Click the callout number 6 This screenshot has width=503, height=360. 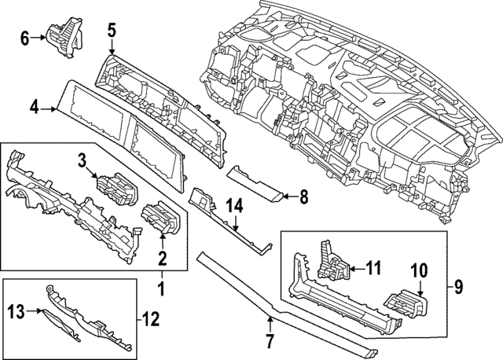click(x=24, y=37)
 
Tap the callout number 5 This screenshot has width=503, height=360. click(x=112, y=31)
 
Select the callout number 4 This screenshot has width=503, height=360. click(x=34, y=105)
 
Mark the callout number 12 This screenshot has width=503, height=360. click(x=152, y=319)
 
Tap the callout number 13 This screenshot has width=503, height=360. click(x=15, y=311)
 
